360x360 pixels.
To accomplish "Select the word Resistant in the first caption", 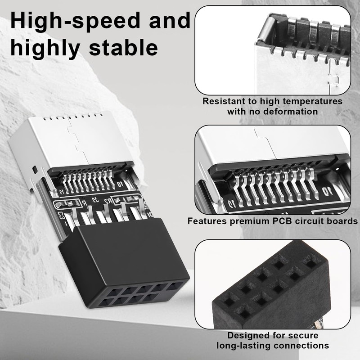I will [x=224, y=101].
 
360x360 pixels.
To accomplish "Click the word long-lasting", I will [x=245, y=346].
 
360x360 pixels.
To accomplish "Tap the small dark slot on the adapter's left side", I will [x=35, y=170].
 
